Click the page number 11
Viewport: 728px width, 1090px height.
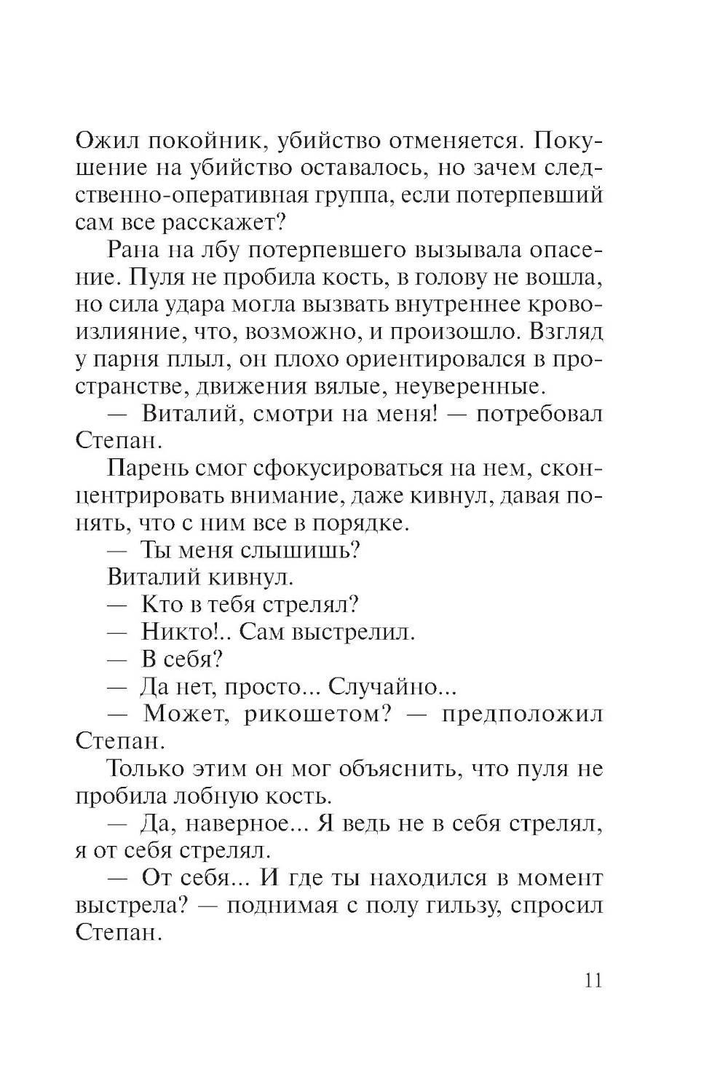593,980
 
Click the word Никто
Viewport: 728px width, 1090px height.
186,632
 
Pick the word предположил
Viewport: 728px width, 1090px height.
523,714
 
